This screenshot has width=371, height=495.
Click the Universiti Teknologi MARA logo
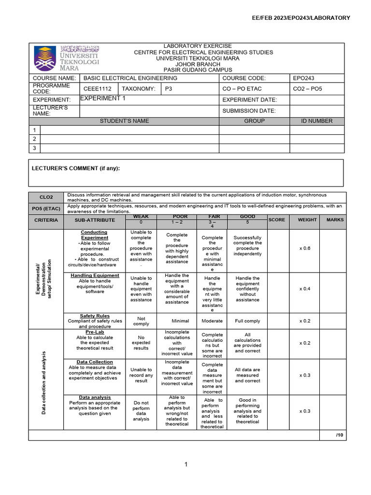[66, 58]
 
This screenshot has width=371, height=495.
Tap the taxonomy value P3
[169, 89]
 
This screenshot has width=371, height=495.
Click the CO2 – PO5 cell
[307, 89]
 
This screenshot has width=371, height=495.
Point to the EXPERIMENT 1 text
[102, 99]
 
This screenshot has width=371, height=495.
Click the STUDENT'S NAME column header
[124, 121]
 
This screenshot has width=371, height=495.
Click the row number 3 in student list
[34, 148]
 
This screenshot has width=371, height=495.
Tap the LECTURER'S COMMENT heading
[76, 168]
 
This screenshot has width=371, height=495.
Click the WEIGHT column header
[307, 220]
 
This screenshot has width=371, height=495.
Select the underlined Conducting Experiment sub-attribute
[95, 235]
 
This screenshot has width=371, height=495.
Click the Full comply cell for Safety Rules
[248, 321]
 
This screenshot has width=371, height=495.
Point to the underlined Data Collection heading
[95, 362]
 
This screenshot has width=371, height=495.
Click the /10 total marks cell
[339, 436]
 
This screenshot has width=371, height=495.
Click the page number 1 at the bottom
[185, 465]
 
